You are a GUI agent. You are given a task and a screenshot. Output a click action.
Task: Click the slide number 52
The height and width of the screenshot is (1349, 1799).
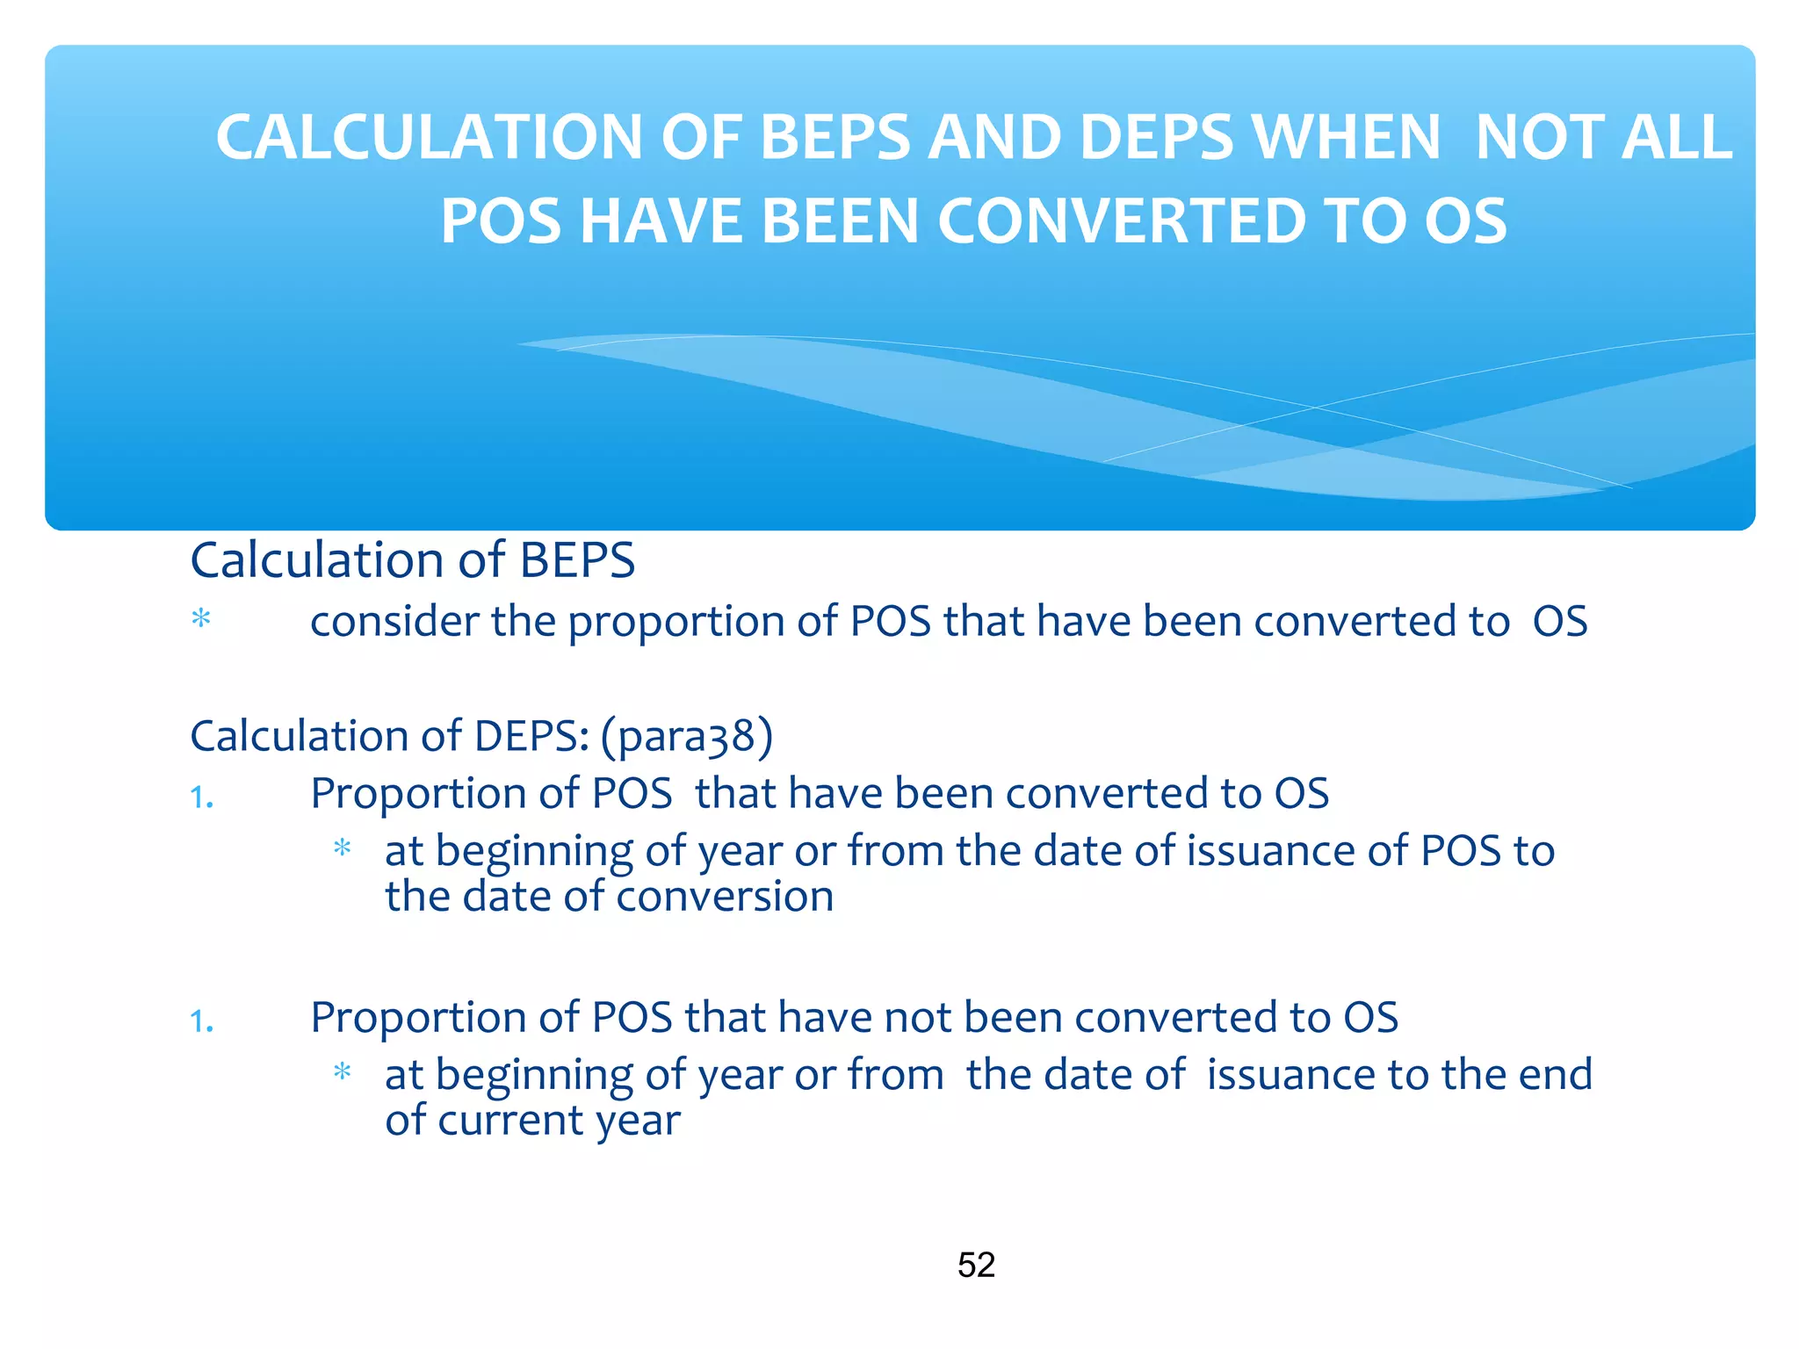pyautogui.click(x=976, y=1265)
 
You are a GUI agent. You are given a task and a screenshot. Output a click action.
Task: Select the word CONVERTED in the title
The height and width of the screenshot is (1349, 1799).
pyautogui.click(x=1121, y=221)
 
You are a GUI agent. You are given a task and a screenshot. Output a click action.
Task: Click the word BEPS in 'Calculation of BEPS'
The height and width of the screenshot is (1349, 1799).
pyautogui.click(x=577, y=560)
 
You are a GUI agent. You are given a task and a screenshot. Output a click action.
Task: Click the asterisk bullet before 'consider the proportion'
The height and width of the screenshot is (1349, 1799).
pyautogui.click(x=201, y=620)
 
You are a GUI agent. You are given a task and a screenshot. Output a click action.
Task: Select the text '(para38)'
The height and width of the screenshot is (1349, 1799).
pyautogui.click(x=686, y=736)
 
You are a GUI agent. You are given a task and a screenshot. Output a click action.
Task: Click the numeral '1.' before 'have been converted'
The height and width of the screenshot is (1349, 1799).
pyautogui.click(x=202, y=797)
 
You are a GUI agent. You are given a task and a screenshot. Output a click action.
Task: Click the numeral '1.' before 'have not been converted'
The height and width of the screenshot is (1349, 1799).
pyautogui.click(x=202, y=1021)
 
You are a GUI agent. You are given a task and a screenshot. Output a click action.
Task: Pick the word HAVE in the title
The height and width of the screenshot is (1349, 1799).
pyautogui.click(x=661, y=221)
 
